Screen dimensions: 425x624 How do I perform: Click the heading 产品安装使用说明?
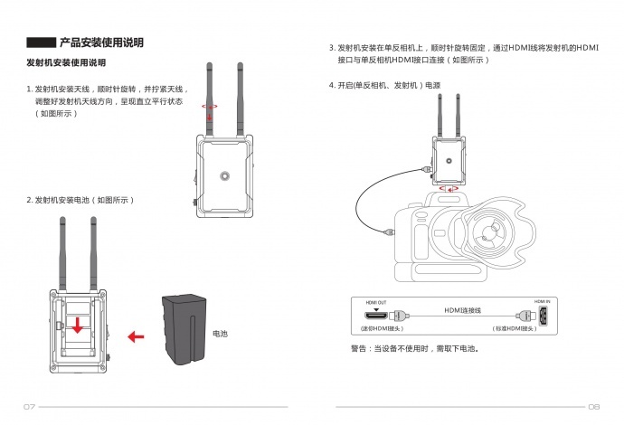point(101,42)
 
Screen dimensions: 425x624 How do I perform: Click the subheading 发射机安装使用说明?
point(67,63)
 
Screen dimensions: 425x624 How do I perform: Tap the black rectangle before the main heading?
point(41,42)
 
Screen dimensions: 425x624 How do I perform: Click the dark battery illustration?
point(183,326)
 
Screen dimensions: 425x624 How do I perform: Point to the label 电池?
point(220,334)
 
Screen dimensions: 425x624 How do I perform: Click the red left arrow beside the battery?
point(136,337)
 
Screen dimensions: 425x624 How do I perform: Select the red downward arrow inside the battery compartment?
point(80,324)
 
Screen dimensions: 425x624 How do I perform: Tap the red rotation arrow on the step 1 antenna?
point(210,106)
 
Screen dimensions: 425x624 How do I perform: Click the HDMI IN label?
point(542,304)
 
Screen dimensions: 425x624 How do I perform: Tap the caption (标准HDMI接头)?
point(513,329)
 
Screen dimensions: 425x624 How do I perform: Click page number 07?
point(29,406)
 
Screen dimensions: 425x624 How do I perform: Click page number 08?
point(594,406)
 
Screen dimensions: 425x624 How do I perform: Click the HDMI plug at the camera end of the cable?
point(389,231)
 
